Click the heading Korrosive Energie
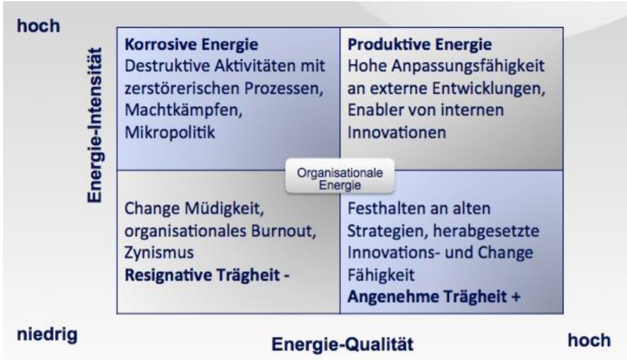191,44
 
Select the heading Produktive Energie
419,44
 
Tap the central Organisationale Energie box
340,177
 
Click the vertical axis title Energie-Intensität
95,125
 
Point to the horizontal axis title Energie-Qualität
343,345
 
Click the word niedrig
47,334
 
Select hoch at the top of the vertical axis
39,26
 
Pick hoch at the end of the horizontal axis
590,340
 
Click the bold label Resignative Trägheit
202,275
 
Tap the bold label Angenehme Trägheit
427,297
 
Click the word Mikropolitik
170,132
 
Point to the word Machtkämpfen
183,110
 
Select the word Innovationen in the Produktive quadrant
397,132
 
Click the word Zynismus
159,253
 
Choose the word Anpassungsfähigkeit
468,66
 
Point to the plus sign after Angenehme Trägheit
516,297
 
